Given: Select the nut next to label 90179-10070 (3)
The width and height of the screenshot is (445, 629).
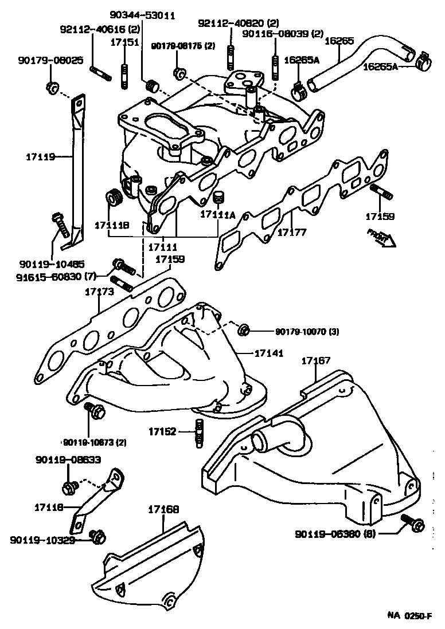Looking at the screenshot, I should (243, 329).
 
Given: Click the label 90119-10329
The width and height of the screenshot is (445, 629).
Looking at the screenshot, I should (42, 540).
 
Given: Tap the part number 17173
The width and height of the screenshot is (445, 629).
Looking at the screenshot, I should (100, 292).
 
